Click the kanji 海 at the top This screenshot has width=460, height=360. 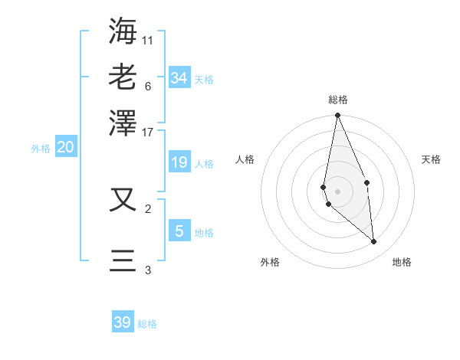[123, 31]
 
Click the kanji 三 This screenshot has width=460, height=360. [123, 260]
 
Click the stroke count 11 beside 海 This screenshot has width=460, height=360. [147, 40]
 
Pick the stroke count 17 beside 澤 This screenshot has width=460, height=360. [147, 132]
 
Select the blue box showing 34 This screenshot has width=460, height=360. [179, 78]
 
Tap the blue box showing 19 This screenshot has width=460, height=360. [179, 162]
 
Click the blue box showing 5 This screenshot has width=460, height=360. [179, 231]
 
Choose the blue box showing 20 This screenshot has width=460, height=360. [65, 148]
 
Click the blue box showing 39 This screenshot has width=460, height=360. [123, 322]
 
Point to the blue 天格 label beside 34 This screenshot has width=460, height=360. [204, 80]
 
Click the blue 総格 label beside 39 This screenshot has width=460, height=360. [147, 324]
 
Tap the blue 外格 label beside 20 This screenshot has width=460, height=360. [40, 149]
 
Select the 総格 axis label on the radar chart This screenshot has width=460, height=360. [338, 100]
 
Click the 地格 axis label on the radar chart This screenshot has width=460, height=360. [402, 262]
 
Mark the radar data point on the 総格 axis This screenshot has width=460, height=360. [337, 116]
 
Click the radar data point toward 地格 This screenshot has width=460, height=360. [374, 242]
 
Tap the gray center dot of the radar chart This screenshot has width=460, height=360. [337, 191]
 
